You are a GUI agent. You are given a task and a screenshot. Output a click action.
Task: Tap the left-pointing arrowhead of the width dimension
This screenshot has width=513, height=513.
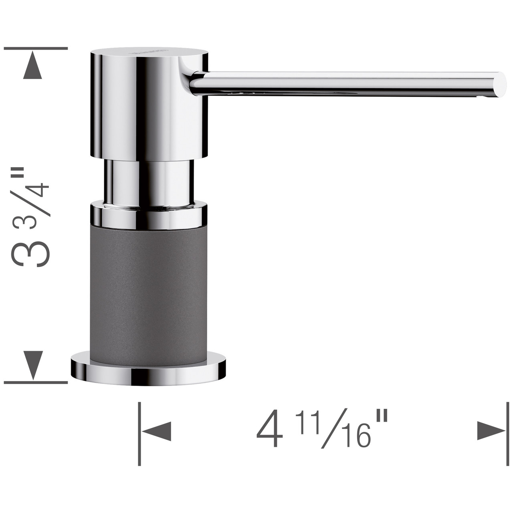click(x=158, y=431)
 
